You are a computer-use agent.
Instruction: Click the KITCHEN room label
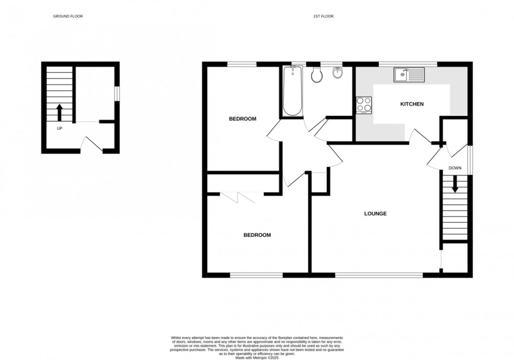click(412, 104)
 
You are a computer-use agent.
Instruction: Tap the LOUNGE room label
click(376, 214)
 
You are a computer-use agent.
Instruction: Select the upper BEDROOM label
click(242, 119)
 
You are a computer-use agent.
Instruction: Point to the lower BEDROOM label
click(257, 235)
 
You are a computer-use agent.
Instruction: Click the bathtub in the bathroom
click(293, 91)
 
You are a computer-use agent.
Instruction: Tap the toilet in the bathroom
click(316, 75)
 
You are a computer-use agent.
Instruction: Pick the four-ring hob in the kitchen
click(364, 105)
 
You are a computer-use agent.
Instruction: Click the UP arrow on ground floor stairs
click(59, 112)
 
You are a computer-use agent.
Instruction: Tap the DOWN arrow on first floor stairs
click(455, 183)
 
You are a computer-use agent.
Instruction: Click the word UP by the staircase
click(59, 128)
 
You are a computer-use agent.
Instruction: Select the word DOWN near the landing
click(455, 168)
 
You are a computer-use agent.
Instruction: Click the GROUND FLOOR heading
click(68, 16)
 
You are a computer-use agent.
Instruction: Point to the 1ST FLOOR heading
click(323, 16)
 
